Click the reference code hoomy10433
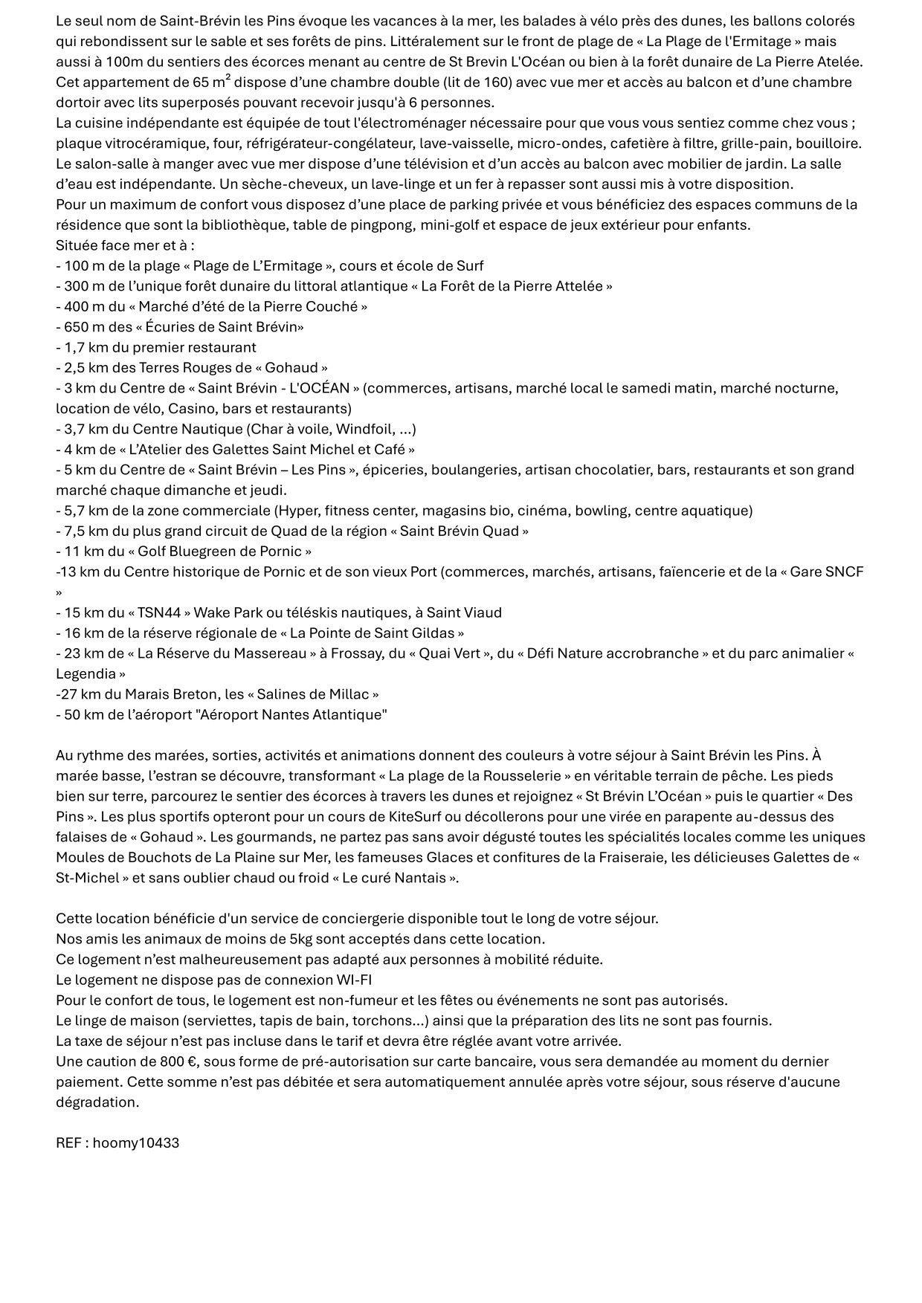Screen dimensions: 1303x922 [136, 1142]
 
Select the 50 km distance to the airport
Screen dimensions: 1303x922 [80, 714]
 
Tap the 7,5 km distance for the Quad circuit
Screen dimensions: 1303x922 [83, 531]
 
